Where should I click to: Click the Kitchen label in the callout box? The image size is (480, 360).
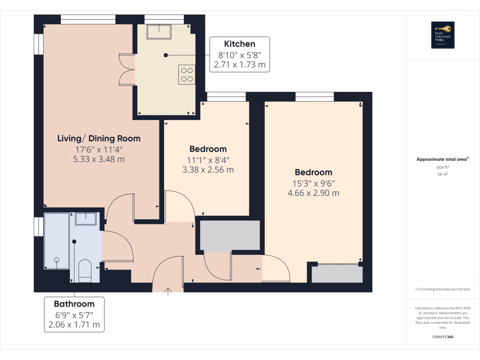pos(240,44)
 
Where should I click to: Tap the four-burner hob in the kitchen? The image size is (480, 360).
pos(187,75)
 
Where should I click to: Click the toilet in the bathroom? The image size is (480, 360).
pos(85,271)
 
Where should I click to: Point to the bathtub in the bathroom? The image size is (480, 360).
pos(57,241)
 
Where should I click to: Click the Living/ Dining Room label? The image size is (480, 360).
pos(99,138)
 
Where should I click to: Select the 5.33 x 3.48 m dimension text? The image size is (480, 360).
pos(99,159)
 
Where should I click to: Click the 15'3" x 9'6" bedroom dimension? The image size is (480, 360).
pos(314,183)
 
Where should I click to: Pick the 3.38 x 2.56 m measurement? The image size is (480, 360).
pos(208,170)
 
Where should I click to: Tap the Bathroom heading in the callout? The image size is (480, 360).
pos(74,304)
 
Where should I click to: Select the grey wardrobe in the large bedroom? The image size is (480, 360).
pos(337,274)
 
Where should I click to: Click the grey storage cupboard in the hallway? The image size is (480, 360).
pos(230,235)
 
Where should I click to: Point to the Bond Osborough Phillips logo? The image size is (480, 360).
pos(443,35)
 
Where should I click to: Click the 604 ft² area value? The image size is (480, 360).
pos(443,167)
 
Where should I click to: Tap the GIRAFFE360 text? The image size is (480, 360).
pos(443,337)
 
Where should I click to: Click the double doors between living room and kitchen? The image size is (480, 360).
pos(127,70)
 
